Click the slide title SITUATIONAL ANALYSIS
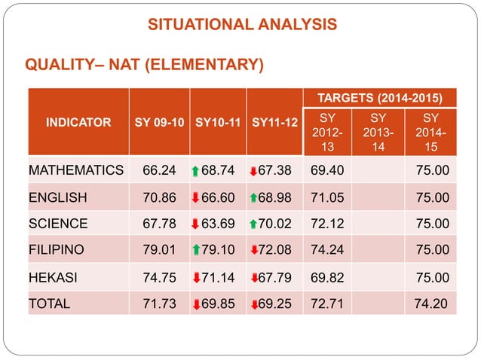point(242,24)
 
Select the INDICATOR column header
point(78,122)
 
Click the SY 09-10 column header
point(159,122)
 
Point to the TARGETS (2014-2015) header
point(380,98)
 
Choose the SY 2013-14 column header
point(378,132)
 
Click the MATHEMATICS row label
point(76,170)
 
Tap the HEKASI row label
point(53,278)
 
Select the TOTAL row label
point(50,304)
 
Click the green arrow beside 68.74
point(195,171)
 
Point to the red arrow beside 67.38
point(253,171)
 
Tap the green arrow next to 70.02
point(253,224)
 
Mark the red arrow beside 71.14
point(196,278)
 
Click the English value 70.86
point(159,197)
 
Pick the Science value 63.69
point(218,224)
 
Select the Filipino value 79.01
point(159,250)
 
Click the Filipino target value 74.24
point(327,250)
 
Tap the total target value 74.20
point(430,304)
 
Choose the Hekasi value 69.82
point(327,278)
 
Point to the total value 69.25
point(274,304)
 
